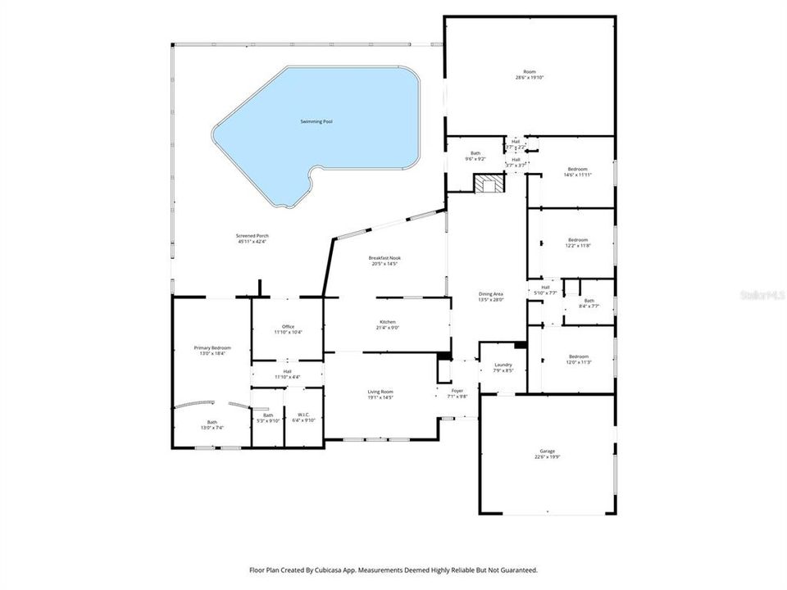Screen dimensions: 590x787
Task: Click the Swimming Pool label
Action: tap(316, 121)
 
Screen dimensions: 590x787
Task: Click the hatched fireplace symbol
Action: tap(489, 184)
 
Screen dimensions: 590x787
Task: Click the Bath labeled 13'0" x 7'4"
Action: tap(212, 424)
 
